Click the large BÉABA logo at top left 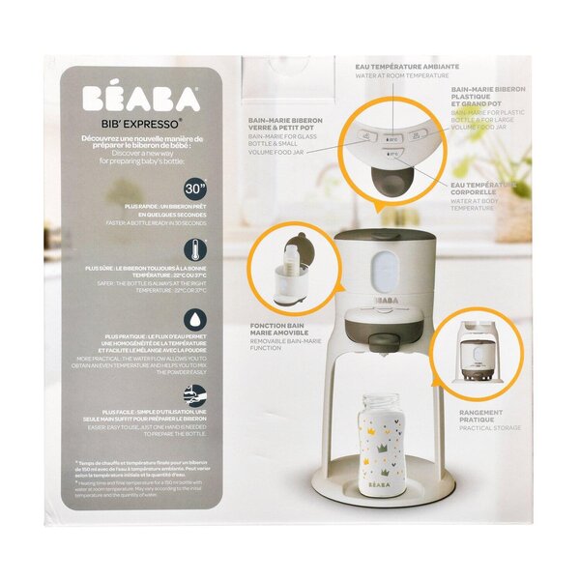140,100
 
